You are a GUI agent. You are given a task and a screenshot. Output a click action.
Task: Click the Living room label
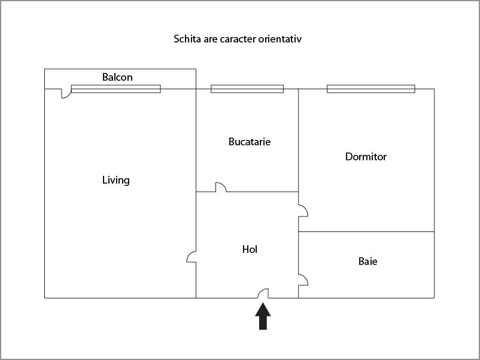coord(116,180)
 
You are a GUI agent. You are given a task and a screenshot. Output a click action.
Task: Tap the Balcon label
coord(117,77)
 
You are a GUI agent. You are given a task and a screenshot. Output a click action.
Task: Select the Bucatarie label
coord(250,142)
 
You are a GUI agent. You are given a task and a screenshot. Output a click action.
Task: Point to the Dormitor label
coord(366,157)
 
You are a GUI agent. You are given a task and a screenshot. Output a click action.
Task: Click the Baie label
coord(367,261)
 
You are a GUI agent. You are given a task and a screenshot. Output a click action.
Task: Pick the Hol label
coord(250,249)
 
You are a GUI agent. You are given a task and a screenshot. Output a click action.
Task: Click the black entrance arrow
coord(263,316)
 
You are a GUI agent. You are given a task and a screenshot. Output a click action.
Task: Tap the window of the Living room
coord(116,89)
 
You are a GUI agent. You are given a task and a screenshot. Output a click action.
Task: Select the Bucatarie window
coord(247,89)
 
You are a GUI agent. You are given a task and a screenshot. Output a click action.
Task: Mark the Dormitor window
coord(370,89)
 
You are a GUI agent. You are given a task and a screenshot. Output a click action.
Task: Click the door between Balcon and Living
coord(65,94)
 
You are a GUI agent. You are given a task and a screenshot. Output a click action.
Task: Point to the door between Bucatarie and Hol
coord(221,188)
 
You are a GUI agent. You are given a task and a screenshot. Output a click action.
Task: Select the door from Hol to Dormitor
coord(303,210)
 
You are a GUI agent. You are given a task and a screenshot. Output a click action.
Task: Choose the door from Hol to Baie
coord(303,279)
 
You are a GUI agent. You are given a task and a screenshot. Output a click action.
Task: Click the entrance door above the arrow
coord(263,293)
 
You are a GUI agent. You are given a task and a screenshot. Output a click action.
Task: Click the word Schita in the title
coord(186,39)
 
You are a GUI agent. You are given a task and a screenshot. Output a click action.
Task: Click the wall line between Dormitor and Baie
coord(366,231)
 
